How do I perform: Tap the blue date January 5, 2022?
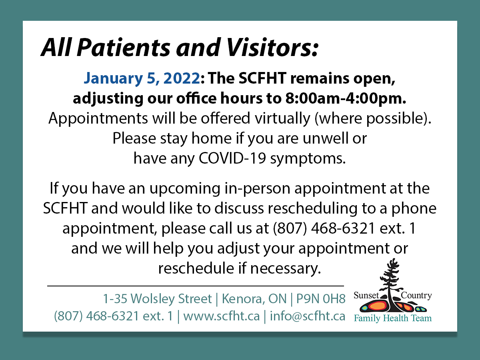point(141,79)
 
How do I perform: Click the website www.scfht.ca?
point(222,316)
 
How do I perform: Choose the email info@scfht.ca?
point(308,316)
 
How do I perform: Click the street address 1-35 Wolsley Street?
point(157,298)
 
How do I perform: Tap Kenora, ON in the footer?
point(254,298)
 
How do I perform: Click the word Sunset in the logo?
point(366,296)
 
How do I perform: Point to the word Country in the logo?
point(416,296)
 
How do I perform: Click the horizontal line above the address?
point(196,286)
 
